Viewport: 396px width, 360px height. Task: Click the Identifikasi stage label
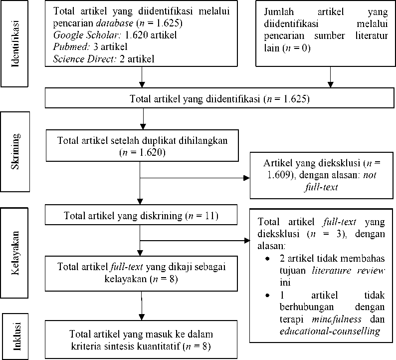point(15,43)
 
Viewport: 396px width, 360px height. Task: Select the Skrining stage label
point(15,151)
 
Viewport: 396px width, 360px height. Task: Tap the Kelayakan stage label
point(15,253)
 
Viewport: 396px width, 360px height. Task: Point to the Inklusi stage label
point(16,336)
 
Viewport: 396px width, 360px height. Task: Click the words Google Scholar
point(85,35)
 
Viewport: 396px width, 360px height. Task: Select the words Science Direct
point(85,59)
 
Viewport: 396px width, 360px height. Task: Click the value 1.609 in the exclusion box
point(279,175)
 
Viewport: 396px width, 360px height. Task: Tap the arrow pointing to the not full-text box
point(195,178)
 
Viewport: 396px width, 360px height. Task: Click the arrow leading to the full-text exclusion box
point(195,241)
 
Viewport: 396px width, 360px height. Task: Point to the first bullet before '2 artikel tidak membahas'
point(267,259)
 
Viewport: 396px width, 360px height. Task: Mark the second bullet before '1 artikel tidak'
point(267,295)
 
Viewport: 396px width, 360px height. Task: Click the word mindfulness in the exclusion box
point(336,319)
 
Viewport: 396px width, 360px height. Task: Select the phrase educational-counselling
point(330,331)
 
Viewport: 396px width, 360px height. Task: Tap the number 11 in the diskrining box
point(210,216)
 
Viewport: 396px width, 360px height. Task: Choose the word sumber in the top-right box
point(330,35)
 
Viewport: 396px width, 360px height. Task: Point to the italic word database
point(114,23)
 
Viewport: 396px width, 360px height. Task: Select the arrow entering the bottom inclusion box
point(142,306)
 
